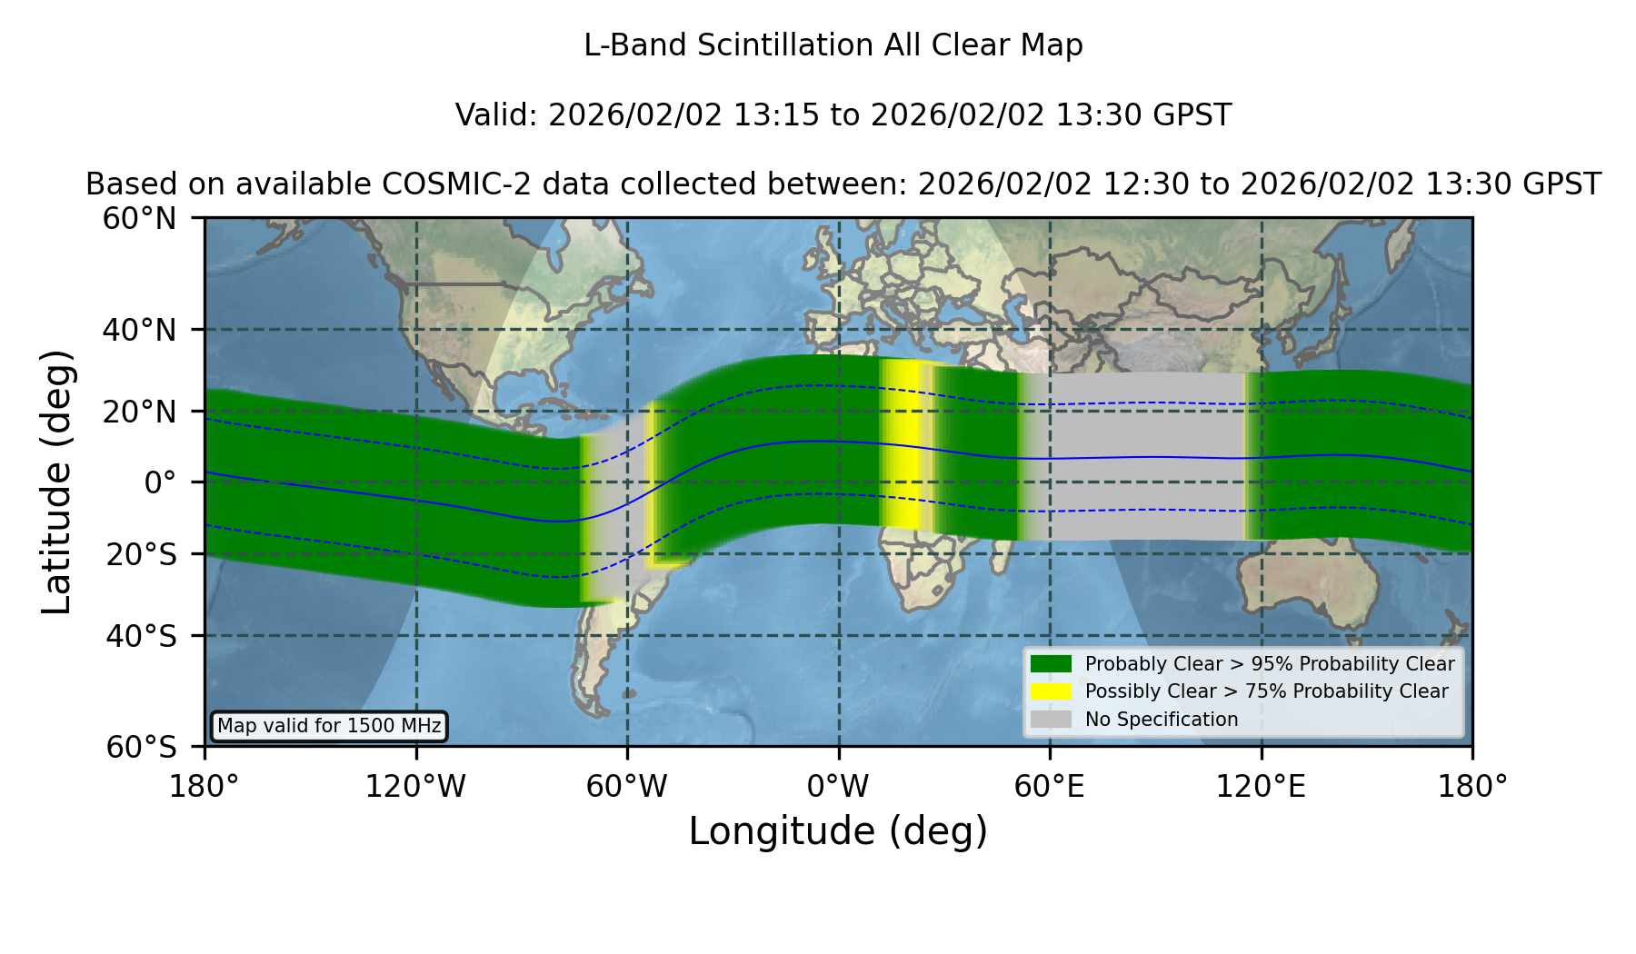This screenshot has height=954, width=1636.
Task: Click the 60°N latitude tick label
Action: tap(139, 219)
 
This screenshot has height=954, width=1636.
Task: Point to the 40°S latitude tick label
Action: tap(141, 636)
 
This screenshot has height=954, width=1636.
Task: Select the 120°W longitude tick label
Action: tap(415, 786)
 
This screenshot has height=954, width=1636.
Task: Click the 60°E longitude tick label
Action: tap(1050, 786)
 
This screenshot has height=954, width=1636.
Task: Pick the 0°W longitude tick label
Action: tap(838, 786)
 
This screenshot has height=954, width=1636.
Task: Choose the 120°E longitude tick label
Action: tap(1261, 786)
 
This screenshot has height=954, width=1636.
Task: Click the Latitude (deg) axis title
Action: tap(56, 482)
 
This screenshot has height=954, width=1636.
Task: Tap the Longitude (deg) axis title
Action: tap(838, 831)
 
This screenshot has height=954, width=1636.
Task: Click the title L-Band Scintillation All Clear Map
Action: tap(833, 45)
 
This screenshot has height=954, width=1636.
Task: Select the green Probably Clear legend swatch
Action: tap(1051, 663)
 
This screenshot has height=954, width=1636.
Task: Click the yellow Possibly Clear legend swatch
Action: tap(1051, 691)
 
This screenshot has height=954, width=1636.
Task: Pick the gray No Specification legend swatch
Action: tap(1051, 720)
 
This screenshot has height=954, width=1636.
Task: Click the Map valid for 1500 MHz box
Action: tap(329, 726)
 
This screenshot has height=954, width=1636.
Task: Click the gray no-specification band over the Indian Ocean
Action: tap(1147, 456)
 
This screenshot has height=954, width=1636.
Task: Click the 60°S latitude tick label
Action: tap(141, 747)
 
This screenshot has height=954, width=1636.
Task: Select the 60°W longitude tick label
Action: tap(627, 786)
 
